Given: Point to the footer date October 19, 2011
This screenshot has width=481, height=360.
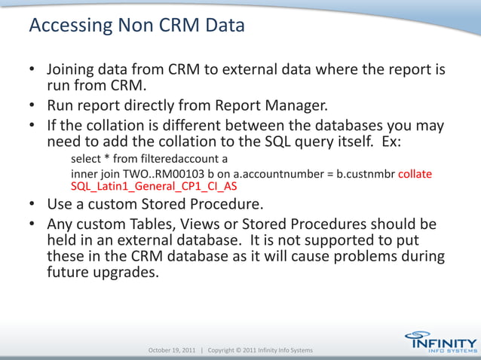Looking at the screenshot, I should pos(173,351).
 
